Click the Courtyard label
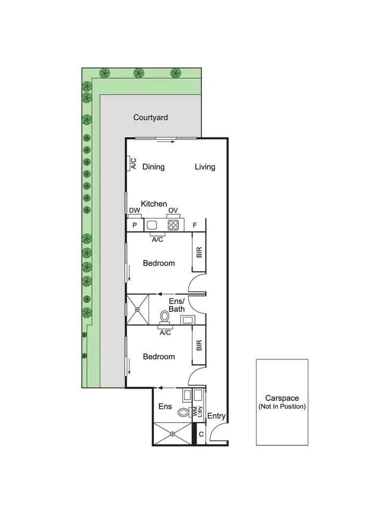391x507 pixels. (150, 117)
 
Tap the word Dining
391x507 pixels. (153, 167)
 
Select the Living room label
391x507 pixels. (205, 167)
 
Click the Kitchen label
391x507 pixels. (154, 204)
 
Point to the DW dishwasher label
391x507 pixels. (135, 210)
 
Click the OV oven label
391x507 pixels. (173, 210)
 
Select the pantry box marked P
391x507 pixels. (135, 226)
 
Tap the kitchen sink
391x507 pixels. (152, 225)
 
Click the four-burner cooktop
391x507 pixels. (173, 225)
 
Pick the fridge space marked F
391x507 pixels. (195, 226)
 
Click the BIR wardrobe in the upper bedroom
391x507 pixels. (199, 253)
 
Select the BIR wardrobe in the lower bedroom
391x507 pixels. (199, 346)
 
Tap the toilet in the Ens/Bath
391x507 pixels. (165, 316)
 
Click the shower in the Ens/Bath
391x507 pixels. (137, 309)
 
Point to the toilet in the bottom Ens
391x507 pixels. (182, 412)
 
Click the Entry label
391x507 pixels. (216, 416)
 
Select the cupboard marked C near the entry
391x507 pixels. (200, 434)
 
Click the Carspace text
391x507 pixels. (282, 397)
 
